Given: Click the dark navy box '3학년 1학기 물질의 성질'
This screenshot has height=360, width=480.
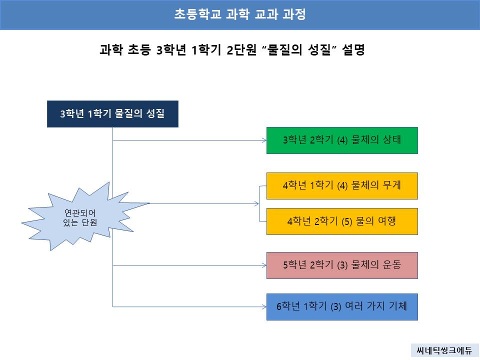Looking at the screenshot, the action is pyautogui.click(x=112, y=114).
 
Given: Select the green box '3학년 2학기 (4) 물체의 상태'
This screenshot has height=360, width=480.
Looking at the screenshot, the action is pyautogui.click(x=342, y=140).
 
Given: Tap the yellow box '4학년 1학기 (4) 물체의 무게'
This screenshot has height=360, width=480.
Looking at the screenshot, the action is pyautogui.click(x=342, y=186).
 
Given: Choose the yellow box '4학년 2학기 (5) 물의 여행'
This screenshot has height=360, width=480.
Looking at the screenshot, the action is pyautogui.click(x=342, y=221).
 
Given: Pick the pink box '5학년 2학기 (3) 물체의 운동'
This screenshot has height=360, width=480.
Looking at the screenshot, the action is pyautogui.click(x=342, y=265).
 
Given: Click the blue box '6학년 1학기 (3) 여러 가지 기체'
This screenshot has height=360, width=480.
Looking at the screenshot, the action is pyautogui.click(x=342, y=307).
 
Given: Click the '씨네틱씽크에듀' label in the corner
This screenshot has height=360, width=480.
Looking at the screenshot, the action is pyautogui.click(x=444, y=350).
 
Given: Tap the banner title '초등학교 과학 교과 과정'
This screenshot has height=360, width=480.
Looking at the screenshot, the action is pyautogui.click(x=240, y=14).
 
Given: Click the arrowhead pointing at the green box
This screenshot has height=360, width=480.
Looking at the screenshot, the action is pyautogui.click(x=264, y=140).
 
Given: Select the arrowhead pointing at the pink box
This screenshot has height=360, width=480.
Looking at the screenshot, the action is pyautogui.click(x=264, y=265).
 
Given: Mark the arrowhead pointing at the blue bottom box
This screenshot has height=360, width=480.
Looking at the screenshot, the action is pyautogui.click(x=264, y=306).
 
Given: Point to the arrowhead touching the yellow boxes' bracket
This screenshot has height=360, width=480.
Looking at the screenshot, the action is pyautogui.click(x=257, y=203).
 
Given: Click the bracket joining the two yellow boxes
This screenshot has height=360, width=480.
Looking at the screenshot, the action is pyautogui.click(x=259, y=203).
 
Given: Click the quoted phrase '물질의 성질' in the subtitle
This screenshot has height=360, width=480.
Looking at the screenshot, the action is pyautogui.click(x=299, y=49).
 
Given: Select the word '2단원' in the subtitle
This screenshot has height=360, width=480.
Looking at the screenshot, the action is pyautogui.click(x=241, y=49).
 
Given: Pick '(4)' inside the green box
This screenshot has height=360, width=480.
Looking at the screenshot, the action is pyautogui.click(x=342, y=140).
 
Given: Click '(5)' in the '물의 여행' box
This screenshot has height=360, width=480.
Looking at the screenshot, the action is pyautogui.click(x=347, y=221).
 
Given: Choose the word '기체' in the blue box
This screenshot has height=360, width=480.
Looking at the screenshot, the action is pyautogui.click(x=397, y=306).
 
